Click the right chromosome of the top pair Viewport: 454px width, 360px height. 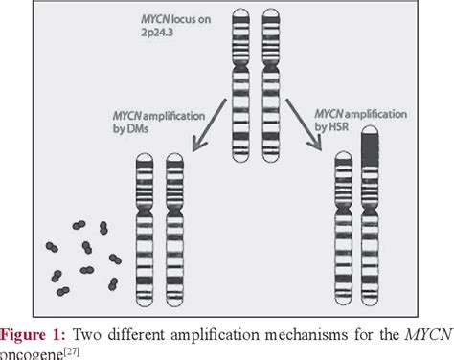click(x=272, y=81)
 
